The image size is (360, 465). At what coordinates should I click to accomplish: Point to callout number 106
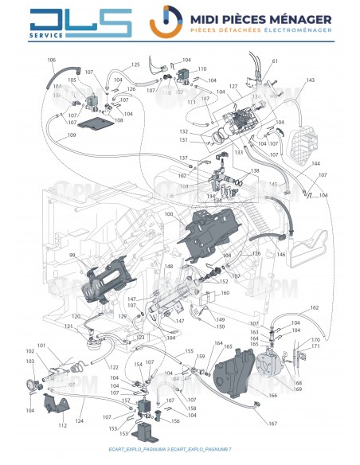coord(52,61)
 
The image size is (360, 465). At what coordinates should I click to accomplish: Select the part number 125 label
coord(135,64)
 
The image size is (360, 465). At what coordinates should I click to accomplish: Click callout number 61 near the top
coord(275,61)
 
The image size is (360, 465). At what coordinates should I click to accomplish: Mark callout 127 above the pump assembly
coord(233,86)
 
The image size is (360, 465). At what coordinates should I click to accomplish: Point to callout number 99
coord(71,255)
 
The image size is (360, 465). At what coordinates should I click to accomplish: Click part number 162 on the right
coord(314,307)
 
